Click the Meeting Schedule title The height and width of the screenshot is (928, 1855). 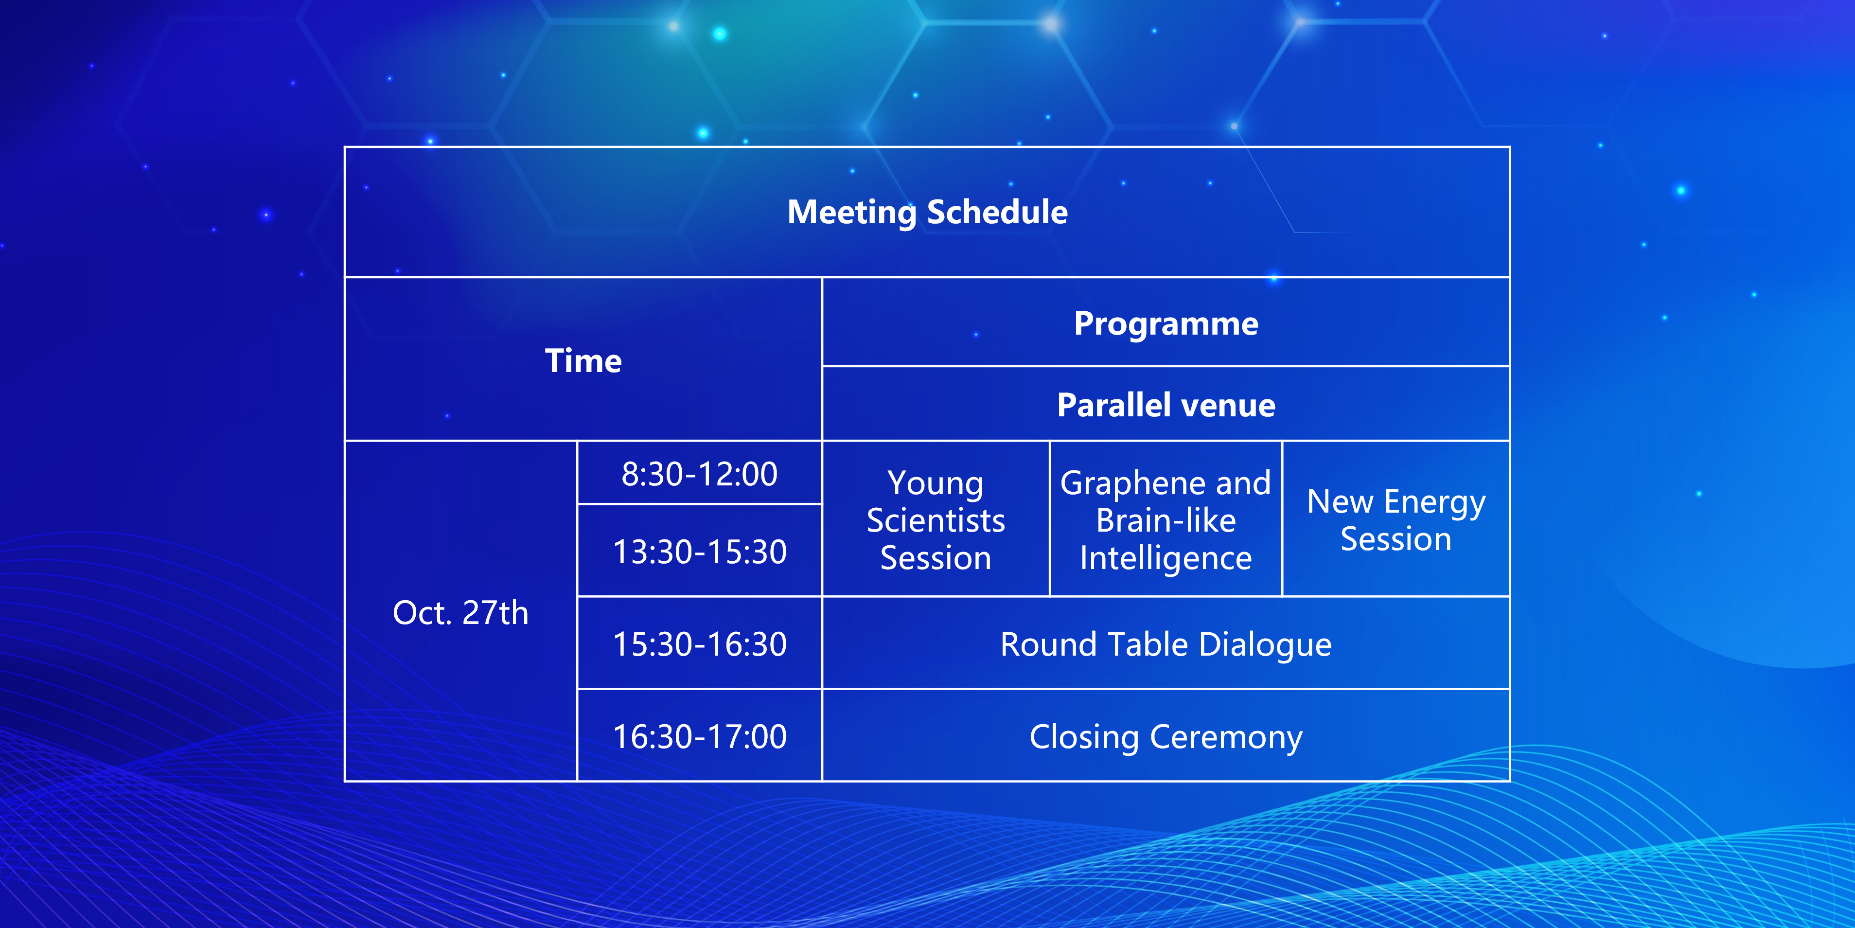point(928,213)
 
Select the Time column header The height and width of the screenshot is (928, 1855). point(583,360)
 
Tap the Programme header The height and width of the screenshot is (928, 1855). point(1166,323)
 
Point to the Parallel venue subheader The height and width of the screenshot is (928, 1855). point(1166,405)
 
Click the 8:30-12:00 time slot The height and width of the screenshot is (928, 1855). point(699,474)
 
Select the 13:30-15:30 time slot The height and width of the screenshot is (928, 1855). point(699,552)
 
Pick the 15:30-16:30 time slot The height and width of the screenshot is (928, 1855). point(699,644)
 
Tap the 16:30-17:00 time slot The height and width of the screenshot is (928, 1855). point(699,736)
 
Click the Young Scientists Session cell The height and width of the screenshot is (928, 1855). point(936,520)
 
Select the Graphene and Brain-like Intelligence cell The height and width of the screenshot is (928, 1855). point(1166,520)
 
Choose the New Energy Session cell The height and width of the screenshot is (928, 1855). point(1396,520)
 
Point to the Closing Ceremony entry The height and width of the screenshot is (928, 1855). point(1166,737)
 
